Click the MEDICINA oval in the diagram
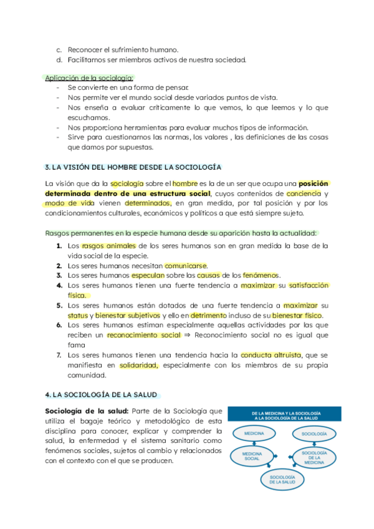pos(254,432)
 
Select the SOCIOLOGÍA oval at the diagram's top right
pos(314,432)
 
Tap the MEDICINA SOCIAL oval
pos(252,456)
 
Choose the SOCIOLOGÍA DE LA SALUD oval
pos(282,480)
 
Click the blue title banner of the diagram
pos(284,416)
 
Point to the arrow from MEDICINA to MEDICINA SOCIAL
pos(253,443)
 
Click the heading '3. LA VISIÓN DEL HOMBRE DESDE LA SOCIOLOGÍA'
pos(133,168)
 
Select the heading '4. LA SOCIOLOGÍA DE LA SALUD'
pos(102,395)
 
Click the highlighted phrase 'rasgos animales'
pos(108,246)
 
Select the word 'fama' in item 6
pos(75,344)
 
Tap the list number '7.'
pos(59,355)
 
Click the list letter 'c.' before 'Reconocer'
pos(59,49)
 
